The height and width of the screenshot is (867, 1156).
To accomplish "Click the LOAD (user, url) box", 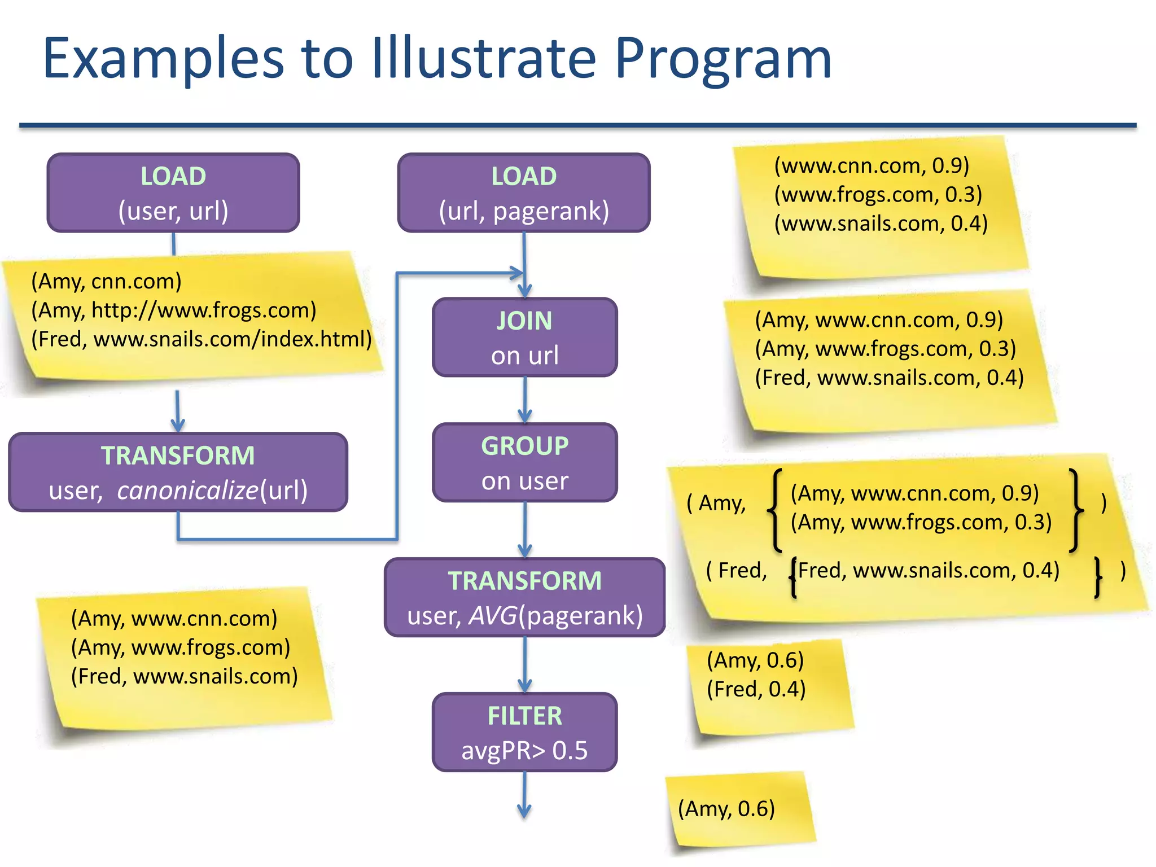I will point(173,192).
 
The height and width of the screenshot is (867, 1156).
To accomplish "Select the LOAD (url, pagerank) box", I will point(524,192).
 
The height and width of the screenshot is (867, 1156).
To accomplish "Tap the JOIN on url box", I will point(524,337).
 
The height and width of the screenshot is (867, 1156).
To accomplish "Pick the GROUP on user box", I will point(524,462).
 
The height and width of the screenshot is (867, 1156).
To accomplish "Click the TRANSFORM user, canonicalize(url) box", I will point(178,472).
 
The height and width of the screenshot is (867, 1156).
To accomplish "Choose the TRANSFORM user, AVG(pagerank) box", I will point(524,597).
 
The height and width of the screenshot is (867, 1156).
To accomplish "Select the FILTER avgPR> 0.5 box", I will point(524,732).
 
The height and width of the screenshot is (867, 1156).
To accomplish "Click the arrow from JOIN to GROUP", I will point(525,400).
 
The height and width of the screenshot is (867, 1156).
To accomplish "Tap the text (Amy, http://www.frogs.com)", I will point(174,310).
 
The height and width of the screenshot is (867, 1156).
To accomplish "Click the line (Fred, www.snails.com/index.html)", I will point(202,339).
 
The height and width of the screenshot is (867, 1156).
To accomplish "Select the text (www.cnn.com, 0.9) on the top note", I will point(872,165).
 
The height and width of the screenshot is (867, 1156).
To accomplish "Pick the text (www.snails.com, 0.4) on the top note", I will point(881,224).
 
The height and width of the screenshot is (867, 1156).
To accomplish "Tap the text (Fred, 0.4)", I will point(756,689).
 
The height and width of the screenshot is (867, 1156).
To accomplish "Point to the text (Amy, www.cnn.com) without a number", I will point(174,619).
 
